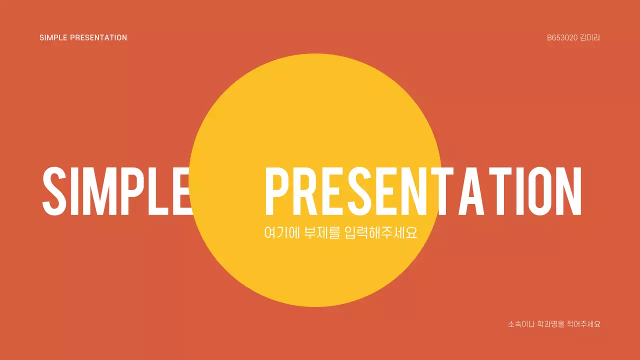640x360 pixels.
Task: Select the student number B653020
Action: pyautogui.click(x=562, y=37)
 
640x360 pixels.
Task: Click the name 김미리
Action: pyautogui.click(x=590, y=37)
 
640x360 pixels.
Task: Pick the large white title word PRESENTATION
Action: pyautogui.click(x=423, y=190)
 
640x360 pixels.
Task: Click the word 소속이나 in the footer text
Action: pyautogui.click(x=521, y=324)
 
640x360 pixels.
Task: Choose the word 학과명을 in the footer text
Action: pyautogui.click(x=550, y=324)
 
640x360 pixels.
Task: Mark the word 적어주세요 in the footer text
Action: pyautogui.click(x=583, y=324)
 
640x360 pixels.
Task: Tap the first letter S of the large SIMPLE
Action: pyautogui.click(x=55, y=190)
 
